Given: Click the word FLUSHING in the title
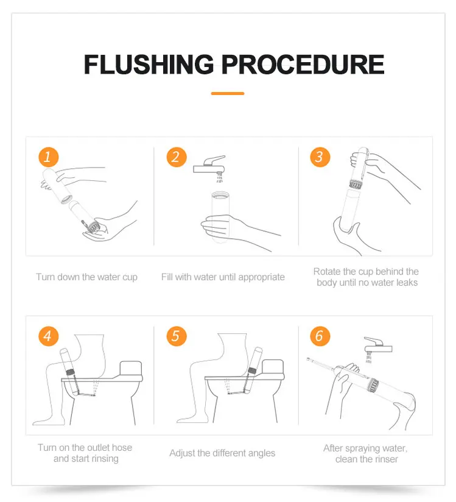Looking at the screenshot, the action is [149, 65].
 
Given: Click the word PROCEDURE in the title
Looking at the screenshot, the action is [303, 65].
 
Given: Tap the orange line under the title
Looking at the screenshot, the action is [228, 93].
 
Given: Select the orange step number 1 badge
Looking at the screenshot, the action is [48, 157].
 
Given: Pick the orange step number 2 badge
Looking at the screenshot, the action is [177, 157].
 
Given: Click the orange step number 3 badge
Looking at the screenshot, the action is [320, 157].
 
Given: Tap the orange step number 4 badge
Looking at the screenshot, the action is [48, 336].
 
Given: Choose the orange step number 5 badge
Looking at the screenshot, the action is [177, 336].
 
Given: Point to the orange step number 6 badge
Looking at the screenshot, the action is [320, 336].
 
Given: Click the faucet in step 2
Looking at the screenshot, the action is [209, 166].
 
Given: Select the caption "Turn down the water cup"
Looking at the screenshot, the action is [86, 277].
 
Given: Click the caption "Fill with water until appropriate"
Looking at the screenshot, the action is [223, 277].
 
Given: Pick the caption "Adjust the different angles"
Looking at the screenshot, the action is [222, 453].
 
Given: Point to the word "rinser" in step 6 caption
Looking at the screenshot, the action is [385, 459].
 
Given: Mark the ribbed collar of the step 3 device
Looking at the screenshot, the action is [355, 185].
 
